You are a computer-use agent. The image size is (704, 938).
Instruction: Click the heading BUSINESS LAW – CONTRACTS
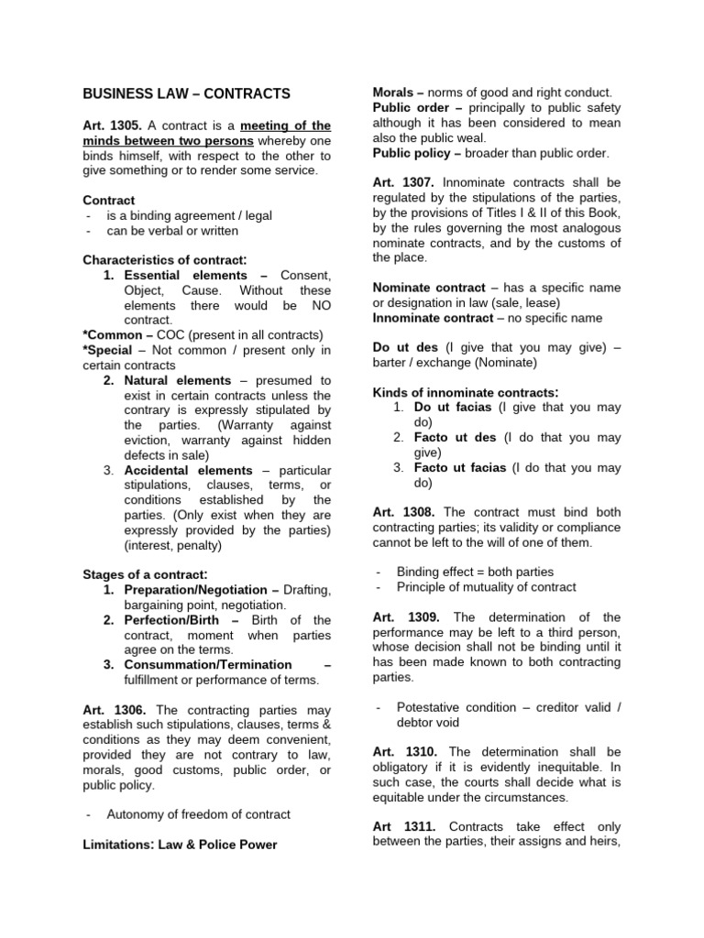click(186, 93)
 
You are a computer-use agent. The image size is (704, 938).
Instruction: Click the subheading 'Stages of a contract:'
click(146, 574)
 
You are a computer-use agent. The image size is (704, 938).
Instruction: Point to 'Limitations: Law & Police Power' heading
click(180, 845)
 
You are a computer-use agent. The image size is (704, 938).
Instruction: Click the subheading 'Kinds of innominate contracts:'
click(466, 392)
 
